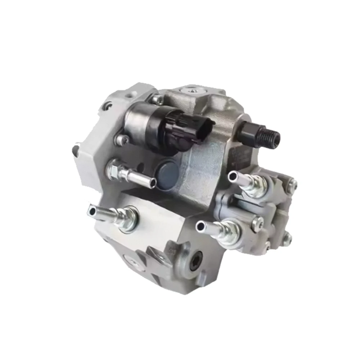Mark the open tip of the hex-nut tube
pos(153,183)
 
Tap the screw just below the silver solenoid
pos(122,140)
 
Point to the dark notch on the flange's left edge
pos(76,150)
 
